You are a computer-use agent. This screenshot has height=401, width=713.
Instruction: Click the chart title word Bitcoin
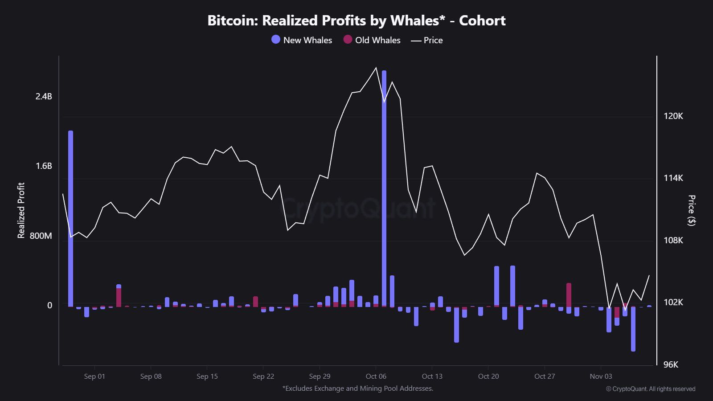(x=232, y=20)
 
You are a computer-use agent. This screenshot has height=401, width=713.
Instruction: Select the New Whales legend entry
(x=302, y=40)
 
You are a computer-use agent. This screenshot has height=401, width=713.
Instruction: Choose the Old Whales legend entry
(x=372, y=40)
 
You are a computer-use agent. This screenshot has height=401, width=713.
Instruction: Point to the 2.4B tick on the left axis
(x=44, y=96)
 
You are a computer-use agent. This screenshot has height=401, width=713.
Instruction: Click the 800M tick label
(x=41, y=236)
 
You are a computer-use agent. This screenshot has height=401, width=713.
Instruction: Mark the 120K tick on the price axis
(x=673, y=116)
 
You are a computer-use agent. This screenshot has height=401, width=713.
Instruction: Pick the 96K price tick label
(x=671, y=364)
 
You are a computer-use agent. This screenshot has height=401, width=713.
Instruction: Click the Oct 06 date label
(x=376, y=376)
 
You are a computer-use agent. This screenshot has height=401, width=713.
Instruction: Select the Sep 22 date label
(x=263, y=376)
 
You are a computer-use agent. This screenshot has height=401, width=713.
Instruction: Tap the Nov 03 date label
(x=600, y=376)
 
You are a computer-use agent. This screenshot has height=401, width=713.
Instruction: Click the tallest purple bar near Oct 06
(x=384, y=187)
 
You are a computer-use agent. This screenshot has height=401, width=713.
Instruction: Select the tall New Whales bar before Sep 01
(x=70, y=218)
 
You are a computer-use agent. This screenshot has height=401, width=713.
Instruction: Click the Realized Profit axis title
(x=21, y=210)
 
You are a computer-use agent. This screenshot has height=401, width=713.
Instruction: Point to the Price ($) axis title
(x=691, y=210)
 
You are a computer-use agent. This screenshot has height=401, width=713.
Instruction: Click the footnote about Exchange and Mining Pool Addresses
(x=357, y=389)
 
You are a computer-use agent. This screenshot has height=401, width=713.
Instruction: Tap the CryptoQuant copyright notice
(x=650, y=389)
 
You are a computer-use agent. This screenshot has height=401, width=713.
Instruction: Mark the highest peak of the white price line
(x=376, y=68)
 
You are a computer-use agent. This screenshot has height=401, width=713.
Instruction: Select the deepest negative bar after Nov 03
(x=633, y=330)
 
